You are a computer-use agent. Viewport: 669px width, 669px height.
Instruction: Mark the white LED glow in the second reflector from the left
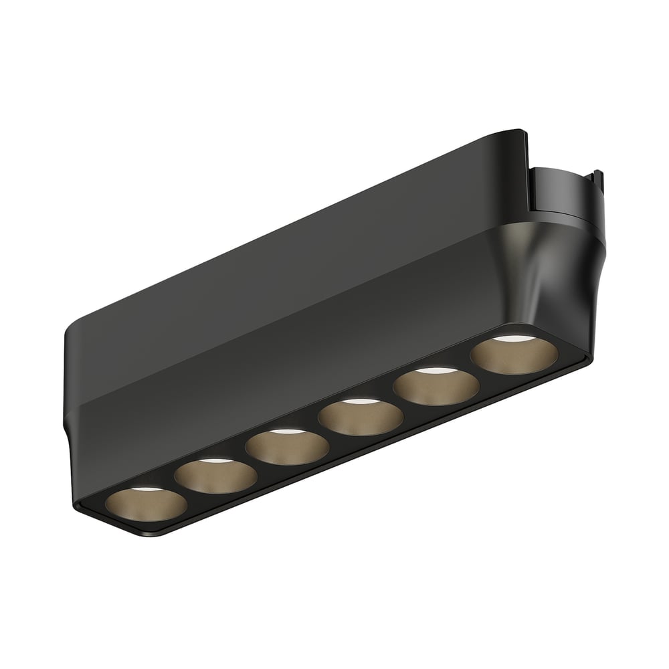[215, 462]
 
